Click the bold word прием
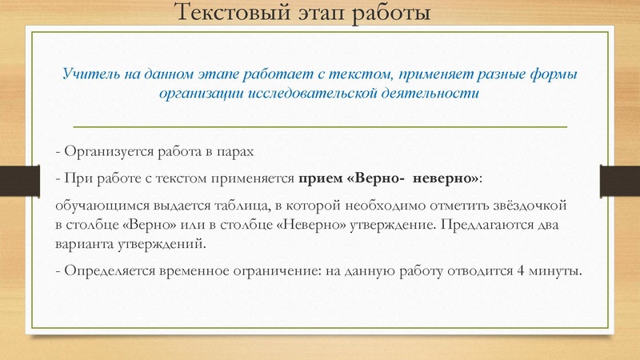pyautogui.click(x=319, y=177)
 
